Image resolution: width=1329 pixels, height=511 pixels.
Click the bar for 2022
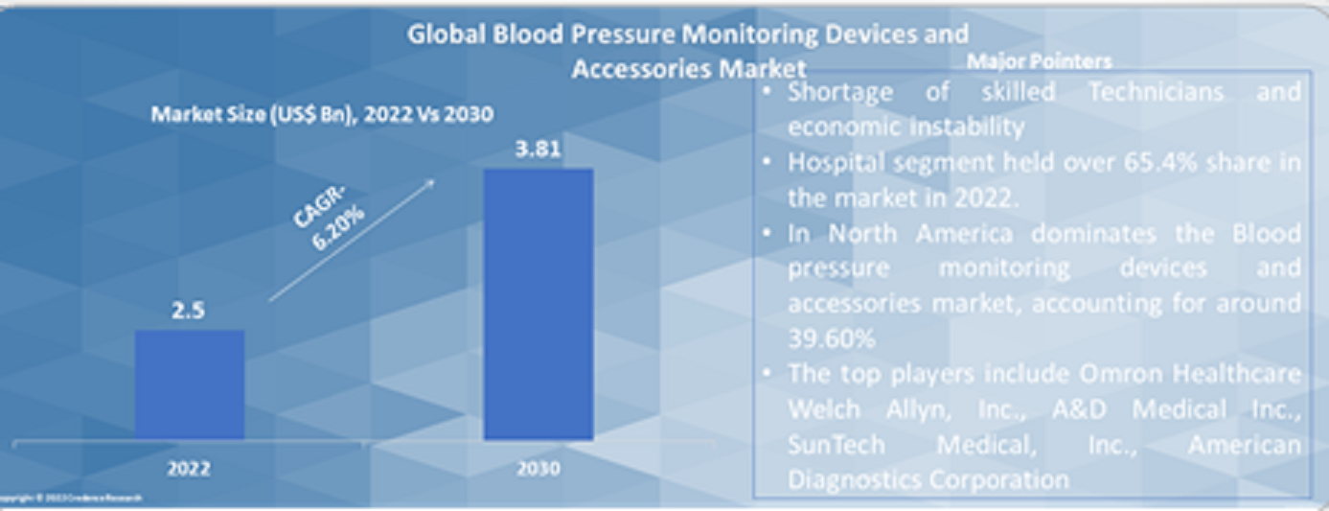pos(189,384)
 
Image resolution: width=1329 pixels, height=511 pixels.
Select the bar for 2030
pos(538,304)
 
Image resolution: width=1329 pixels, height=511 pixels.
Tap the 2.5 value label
pos(189,311)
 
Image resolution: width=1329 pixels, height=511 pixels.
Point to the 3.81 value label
pos(538,150)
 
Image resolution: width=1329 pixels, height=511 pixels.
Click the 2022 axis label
pos(189,469)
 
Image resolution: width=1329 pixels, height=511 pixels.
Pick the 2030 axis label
pos(538,469)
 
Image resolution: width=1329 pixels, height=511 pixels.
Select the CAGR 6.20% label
pos(328,221)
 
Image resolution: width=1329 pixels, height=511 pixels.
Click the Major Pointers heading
pos(1039,61)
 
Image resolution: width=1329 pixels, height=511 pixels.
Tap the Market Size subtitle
pos(322,115)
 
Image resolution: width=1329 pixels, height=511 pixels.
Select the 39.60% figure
pos(832,338)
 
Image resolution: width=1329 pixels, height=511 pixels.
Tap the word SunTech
pos(836,445)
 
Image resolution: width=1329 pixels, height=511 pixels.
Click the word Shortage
pos(839,93)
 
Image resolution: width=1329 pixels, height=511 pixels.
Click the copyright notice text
pos(72,499)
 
